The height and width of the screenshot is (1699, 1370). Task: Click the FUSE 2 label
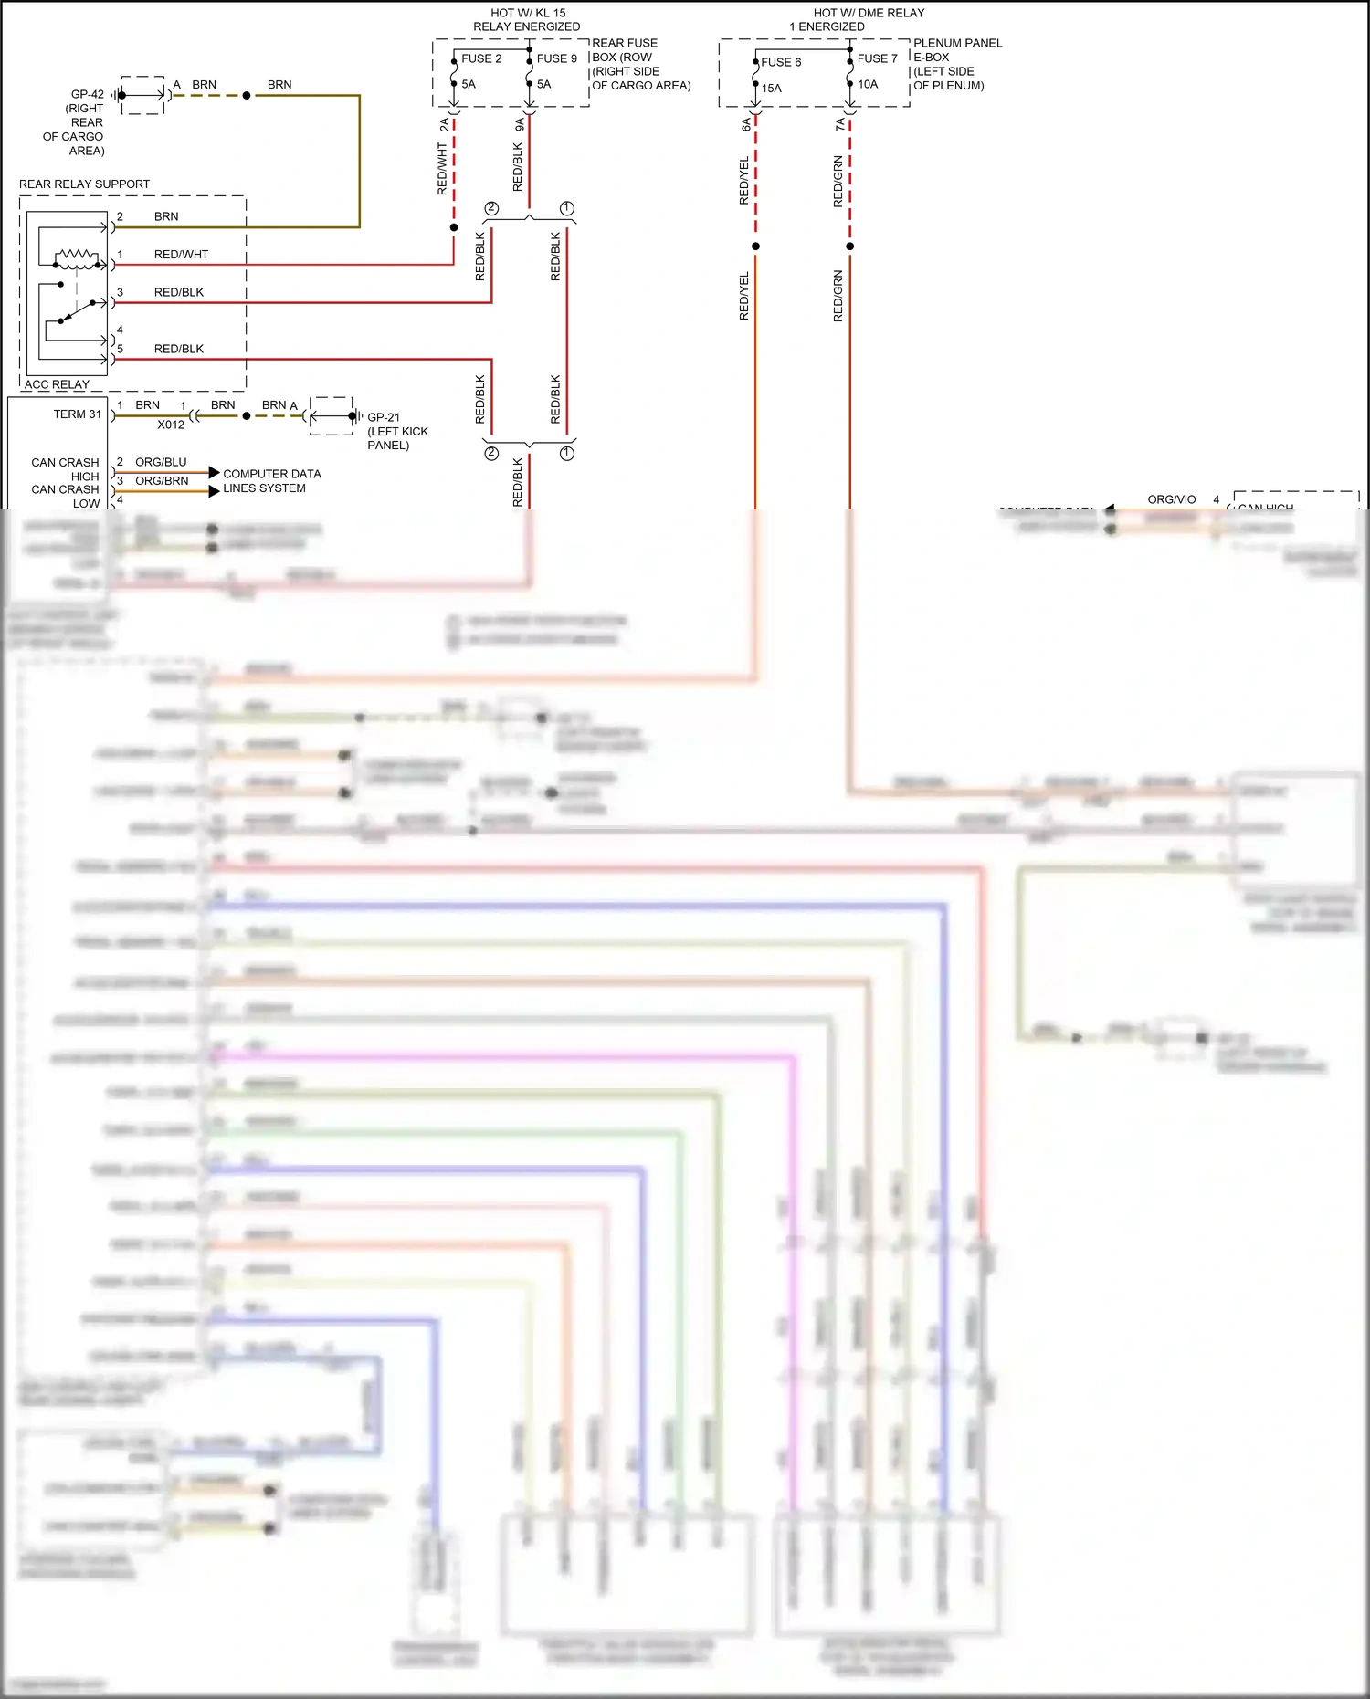pyautogui.click(x=481, y=58)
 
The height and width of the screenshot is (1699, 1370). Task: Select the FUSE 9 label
pyautogui.click(x=556, y=58)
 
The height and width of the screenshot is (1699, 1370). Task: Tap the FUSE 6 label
pyautogui.click(x=781, y=62)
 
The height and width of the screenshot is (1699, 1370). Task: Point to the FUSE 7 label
pyautogui.click(x=877, y=58)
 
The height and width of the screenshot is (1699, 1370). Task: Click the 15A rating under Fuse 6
pyautogui.click(x=772, y=89)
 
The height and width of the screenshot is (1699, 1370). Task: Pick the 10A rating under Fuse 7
pyautogui.click(x=868, y=84)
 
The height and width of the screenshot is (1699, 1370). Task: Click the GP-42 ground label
pyautogui.click(x=88, y=94)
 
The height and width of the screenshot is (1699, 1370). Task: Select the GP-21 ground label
pyautogui.click(x=384, y=417)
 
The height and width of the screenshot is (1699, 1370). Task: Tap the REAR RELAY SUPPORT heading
pyautogui.click(x=84, y=184)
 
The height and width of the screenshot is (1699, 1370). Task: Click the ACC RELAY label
pyautogui.click(x=57, y=384)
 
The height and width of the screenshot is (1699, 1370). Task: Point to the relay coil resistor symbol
pyautogui.click(x=78, y=256)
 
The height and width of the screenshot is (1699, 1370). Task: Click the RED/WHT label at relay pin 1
pyautogui.click(x=181, y=255)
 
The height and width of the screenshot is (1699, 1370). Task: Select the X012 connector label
pyautogui.click(x=171, y=425)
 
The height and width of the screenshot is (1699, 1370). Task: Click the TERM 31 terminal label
pyautogui.click(x=78, y=414)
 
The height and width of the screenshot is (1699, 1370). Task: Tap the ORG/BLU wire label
pyautogui.click(x=161, y=462)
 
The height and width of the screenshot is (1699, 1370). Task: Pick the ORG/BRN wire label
pyautogui.click(x=162, y=481)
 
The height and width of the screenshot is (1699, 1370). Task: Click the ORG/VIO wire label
pyautogui.click(x=1171, y=499)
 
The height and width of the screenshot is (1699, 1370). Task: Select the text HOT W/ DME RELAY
pyautogui.click(x=869, y=13)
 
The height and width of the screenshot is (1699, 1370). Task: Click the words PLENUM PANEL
pyautogui.click(x=957, y=43)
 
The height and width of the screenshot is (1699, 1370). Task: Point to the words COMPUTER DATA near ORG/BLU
pyautogui.click(x=272, y=474)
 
